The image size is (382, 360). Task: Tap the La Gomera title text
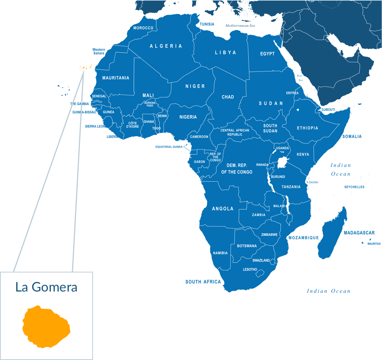47,287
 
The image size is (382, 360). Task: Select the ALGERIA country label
166,46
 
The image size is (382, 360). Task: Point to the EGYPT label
267,54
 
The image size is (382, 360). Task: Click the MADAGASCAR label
359,233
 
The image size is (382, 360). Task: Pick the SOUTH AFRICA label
203,282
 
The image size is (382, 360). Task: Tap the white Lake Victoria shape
282,162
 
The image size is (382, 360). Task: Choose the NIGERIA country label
188,117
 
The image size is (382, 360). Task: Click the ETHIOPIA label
307,128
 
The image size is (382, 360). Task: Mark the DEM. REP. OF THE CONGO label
237,169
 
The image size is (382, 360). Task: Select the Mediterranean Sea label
240,26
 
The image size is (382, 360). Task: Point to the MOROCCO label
143,28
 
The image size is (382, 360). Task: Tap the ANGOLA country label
223,209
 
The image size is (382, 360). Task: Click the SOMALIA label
352,137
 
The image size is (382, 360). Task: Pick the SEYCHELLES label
354,187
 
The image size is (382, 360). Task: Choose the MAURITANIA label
116,78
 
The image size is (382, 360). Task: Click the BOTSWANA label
247,246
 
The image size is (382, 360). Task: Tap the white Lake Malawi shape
288,205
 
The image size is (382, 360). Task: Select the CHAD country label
228,97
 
